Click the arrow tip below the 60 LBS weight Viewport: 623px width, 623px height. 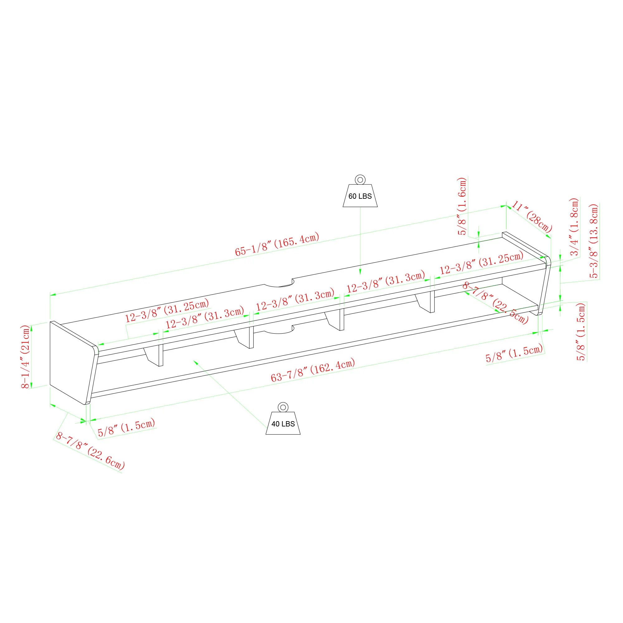[360, 275]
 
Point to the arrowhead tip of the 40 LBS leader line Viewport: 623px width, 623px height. [193, 360]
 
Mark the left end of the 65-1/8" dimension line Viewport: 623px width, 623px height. [50, 294]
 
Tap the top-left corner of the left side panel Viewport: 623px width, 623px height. [50, 321]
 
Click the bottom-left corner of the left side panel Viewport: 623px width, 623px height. [50, 385]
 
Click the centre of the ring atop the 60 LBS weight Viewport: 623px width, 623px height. [360, 180]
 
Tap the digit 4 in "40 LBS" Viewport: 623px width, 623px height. [274, 424]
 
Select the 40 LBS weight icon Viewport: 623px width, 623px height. [283, 419]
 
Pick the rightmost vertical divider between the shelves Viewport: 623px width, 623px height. [425, 302]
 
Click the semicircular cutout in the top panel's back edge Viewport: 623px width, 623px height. [278, 283]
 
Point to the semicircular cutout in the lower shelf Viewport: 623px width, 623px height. [278, 329]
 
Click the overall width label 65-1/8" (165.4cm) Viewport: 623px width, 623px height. [277, 244]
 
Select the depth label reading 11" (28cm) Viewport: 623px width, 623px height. [532, 217]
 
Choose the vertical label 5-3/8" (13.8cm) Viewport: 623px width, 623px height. [594, 241]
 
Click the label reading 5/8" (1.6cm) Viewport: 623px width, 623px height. [462, 206]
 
